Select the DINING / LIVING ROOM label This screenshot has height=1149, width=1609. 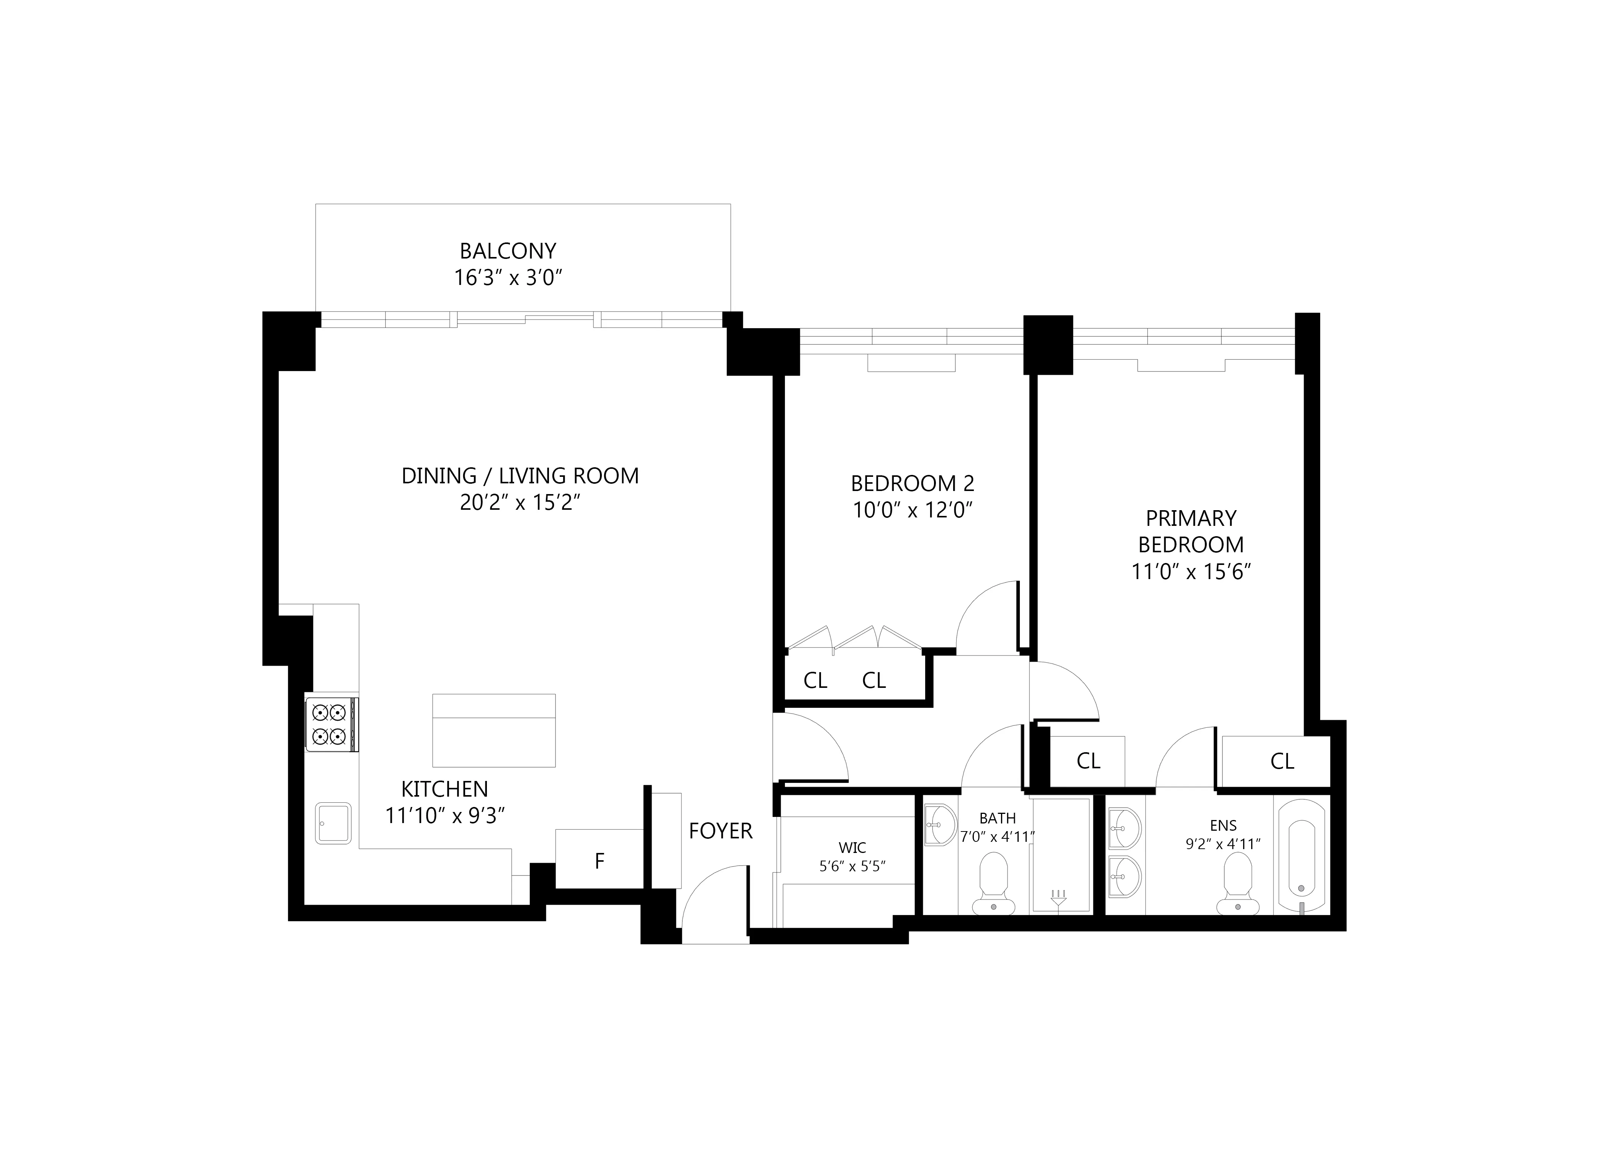click(520, 475)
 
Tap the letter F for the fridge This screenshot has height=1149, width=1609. click(599, 861)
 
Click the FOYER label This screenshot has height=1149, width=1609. click(720, 831)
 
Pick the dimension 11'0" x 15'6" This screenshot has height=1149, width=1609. click(1191, 572)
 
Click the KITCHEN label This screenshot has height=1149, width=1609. click(444, 789)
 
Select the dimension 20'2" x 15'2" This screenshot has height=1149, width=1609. click(520, 502)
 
